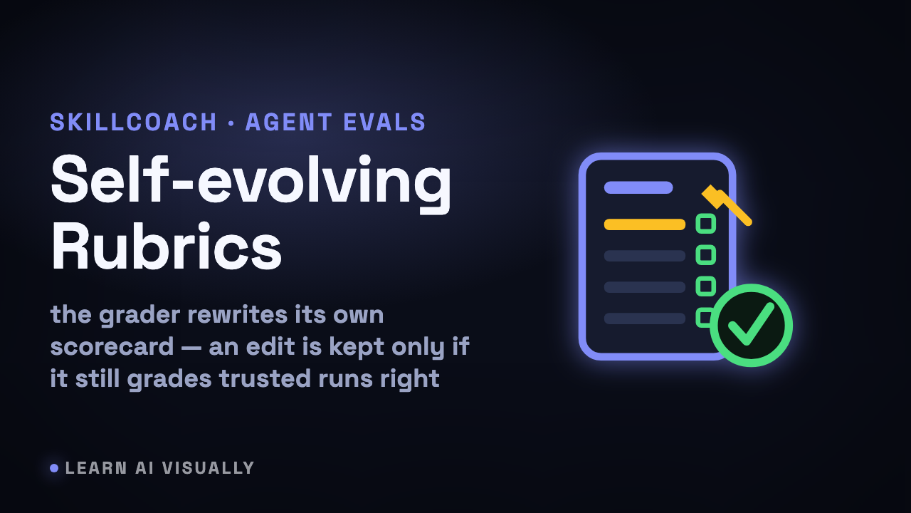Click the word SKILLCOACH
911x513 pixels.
click(133, 122)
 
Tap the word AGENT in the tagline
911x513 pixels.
click(289, 122)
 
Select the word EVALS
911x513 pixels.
click(384, 122)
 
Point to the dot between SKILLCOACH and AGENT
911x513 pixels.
click(231, 123)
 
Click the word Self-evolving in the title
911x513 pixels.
click(251, 183)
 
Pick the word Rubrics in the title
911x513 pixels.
click(167, 246)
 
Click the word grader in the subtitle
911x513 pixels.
click(139, 316)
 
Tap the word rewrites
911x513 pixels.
click(237, 315)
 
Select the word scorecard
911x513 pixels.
click(112, 347)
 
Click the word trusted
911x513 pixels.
click(265, 378)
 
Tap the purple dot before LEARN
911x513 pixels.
click(54, 468)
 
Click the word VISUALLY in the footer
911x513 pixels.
click(209, 468)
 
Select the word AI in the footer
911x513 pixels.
click(144, 468)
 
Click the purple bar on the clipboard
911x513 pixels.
click(638, 187)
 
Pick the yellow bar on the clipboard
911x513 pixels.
click(645, 224)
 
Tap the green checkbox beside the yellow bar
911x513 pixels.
click(706, 224)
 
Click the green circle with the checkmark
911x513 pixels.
click(751, 326)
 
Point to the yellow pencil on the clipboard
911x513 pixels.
click(727, 204)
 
